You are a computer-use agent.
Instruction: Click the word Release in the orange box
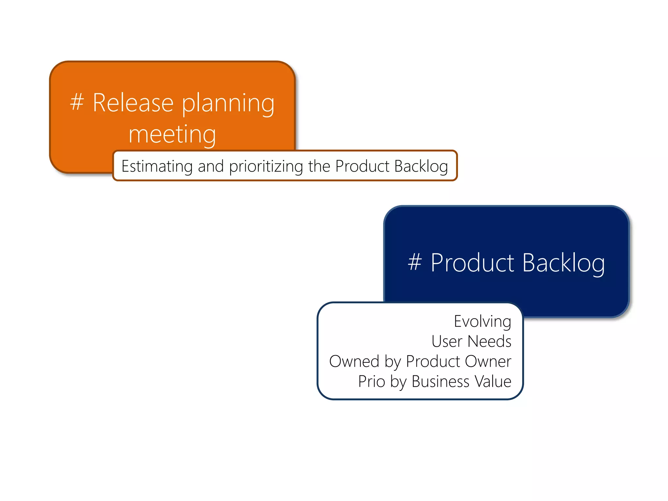(x=133, y=103)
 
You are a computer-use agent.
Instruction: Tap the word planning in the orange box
(x=228, y=104)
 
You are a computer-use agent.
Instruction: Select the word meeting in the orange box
(x=172, y=134)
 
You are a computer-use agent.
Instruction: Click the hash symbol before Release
(x=77, y=102)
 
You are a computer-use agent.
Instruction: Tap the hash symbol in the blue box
(x=415, y=262)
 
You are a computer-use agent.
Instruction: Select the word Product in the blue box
(x=472, y=263)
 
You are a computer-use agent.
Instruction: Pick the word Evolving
(x=482, y=322)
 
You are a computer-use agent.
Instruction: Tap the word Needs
(x=489, y=342)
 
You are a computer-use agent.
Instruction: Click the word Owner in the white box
(x=488, y=361)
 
